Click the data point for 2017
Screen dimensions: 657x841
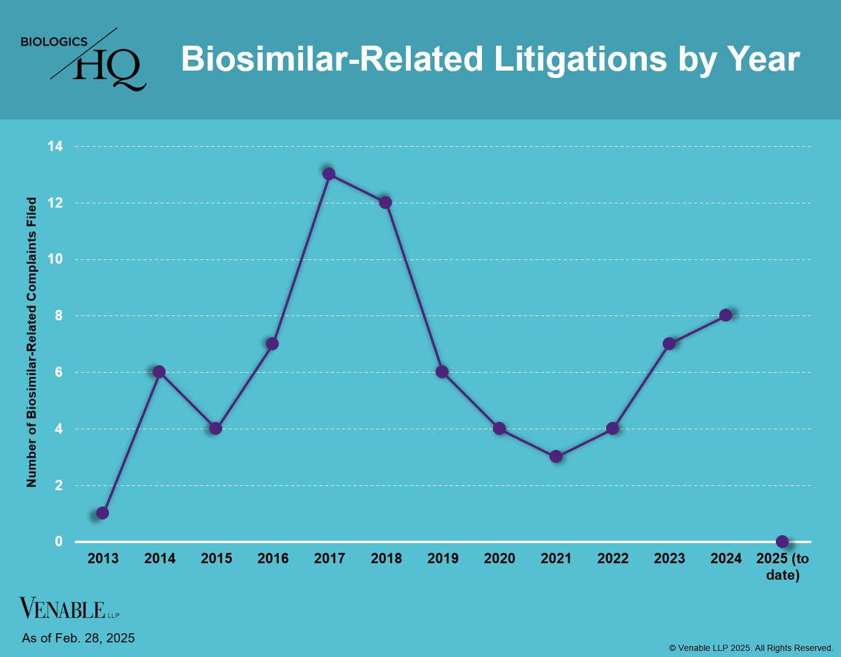click(329, 174)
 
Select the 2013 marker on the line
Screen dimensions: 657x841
click(102, 513)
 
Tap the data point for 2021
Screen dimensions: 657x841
click(556, 457)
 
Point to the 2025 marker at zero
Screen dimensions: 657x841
click(783, 541)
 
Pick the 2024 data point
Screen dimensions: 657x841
click(725, 315)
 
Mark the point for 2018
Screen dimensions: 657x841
click(385, 202)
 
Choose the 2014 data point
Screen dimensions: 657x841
click(159, 372)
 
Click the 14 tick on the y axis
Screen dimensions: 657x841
click(55, 146)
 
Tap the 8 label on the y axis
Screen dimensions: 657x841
click(58, 315)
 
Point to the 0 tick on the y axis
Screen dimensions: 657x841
click(58, 541)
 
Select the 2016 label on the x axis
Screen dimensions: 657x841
click(273, 558)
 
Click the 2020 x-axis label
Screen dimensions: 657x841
click(499, 558)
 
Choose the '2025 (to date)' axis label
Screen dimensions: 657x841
click(783, 566)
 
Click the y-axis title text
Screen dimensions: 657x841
click(32, 342)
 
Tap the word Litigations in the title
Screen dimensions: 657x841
click(580, 59)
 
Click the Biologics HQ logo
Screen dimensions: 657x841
click(83, 60)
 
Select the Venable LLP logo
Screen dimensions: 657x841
click(69, 608)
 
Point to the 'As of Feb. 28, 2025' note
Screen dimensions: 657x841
click(79, 638)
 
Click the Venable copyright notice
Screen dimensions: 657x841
click(751, 648)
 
